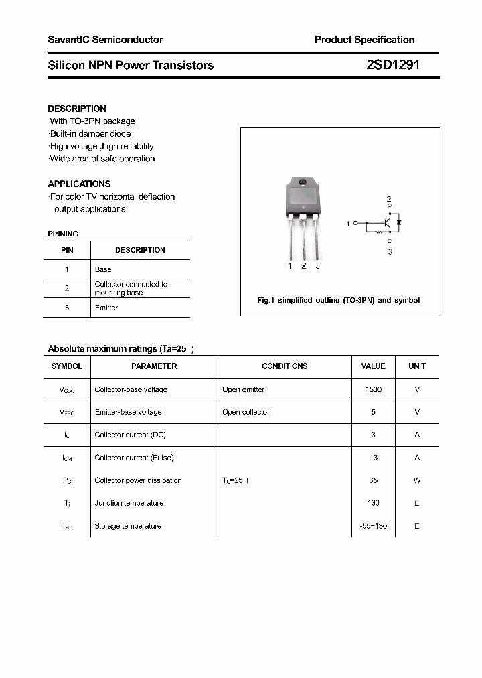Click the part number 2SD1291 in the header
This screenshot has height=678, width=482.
pyautogui.click(x=393, y=65)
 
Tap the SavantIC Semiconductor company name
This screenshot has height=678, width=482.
pyautogui.click(x=105, y=40)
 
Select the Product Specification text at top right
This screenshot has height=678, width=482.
pyautogui.click(x=364, y=40)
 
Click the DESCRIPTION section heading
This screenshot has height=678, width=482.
pyautogui.click(x=77, y=109)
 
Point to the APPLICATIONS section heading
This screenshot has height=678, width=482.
pyautogui.click(x=79, y=184)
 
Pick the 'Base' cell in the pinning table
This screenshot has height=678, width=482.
pyautogui.click(x=103, y=269)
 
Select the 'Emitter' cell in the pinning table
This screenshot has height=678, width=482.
pyautogui.click(x=106, y=308)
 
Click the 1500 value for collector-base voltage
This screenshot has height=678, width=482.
pyautogui.click(x=373, y=389)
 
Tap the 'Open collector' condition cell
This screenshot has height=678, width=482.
pyautogui.click(x=246, y=412)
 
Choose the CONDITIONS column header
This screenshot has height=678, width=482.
pyautogui.click(x=285, y=366)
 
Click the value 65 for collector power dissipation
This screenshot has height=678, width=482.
pyautogui.click(x=373, y=480)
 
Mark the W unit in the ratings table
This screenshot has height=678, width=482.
pyautogui.click(x=416, y=480)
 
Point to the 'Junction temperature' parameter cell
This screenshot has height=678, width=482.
pyautogui.click(x=129, y=503)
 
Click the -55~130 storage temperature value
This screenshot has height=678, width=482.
pyautogui.click(x=373, y=526)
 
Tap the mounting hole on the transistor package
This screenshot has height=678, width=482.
pyautogui.click(x=302, y=183)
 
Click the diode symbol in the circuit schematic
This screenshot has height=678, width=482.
pyautogui.click(x=399, y=222)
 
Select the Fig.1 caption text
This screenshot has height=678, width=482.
pyautogui.click(x=338, y=300)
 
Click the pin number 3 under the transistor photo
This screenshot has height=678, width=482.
pyautogui.click(x=317, y=266)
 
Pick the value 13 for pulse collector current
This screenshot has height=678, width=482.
pyautogui.click(x=373, y=458)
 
